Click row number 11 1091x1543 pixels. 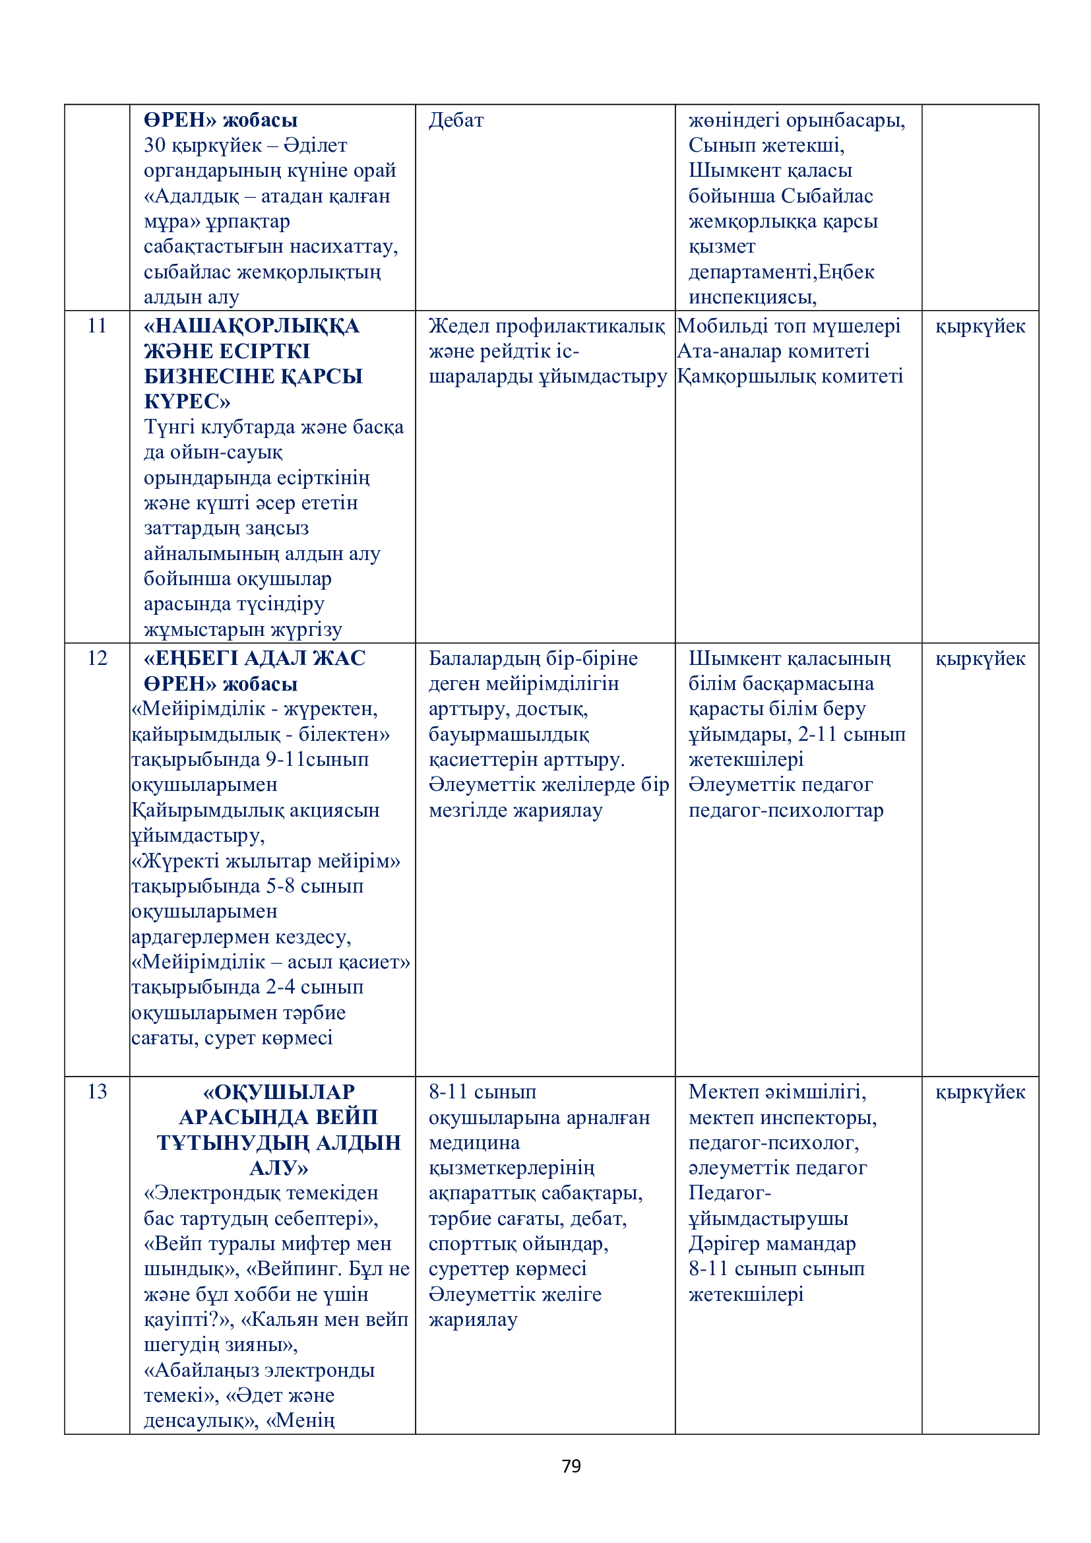point(98,326)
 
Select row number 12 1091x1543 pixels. point(98,658)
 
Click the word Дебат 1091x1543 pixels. point(456,120)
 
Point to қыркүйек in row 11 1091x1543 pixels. point(980,327)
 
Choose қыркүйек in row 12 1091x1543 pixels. point(980,659)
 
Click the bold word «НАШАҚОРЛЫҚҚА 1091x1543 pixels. point(251,326)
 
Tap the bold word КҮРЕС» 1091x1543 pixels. point(187,402)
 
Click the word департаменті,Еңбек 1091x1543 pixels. point(781,272)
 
